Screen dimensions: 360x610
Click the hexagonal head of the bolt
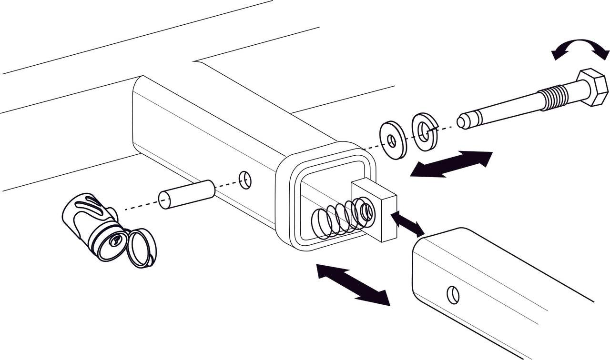(592, 88)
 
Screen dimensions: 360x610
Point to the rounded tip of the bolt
(463, 121)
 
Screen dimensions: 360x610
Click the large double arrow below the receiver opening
(353, 285)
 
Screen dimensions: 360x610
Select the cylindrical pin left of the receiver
(186, 194)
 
